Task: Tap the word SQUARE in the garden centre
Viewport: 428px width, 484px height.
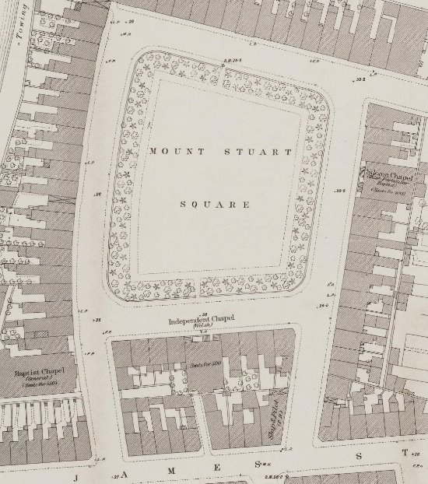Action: pyautogui.click(x=214, y=205)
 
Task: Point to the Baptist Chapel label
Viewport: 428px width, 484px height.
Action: pyautogui.click(x=37, y=374)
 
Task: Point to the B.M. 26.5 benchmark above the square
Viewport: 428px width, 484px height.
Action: pyautogui.click(x=233, y=61)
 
